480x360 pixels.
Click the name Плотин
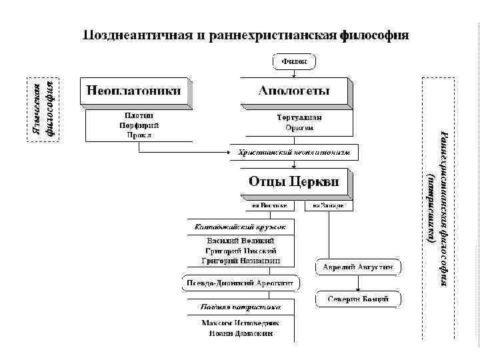pyautogui.click(x=138, y=116)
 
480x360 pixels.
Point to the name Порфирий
pyautogui.click(x=138, y=125)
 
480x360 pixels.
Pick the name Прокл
pyautogui.click(x=138, y=135)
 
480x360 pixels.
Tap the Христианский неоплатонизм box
pyautogui.click(x=294, y=153)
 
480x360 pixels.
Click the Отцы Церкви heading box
pyautogui.click(x=294, y=181)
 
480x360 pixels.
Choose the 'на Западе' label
pyautogui.click(x=329, y=206)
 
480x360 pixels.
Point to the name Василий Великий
pyautogui.click(x=241, y=240)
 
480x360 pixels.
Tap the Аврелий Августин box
pyautogui.click(x=358, y=267)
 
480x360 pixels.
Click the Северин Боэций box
pyautogui.click(x=358, y=299)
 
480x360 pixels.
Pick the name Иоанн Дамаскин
pyautogui.click(x=240, y=333)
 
